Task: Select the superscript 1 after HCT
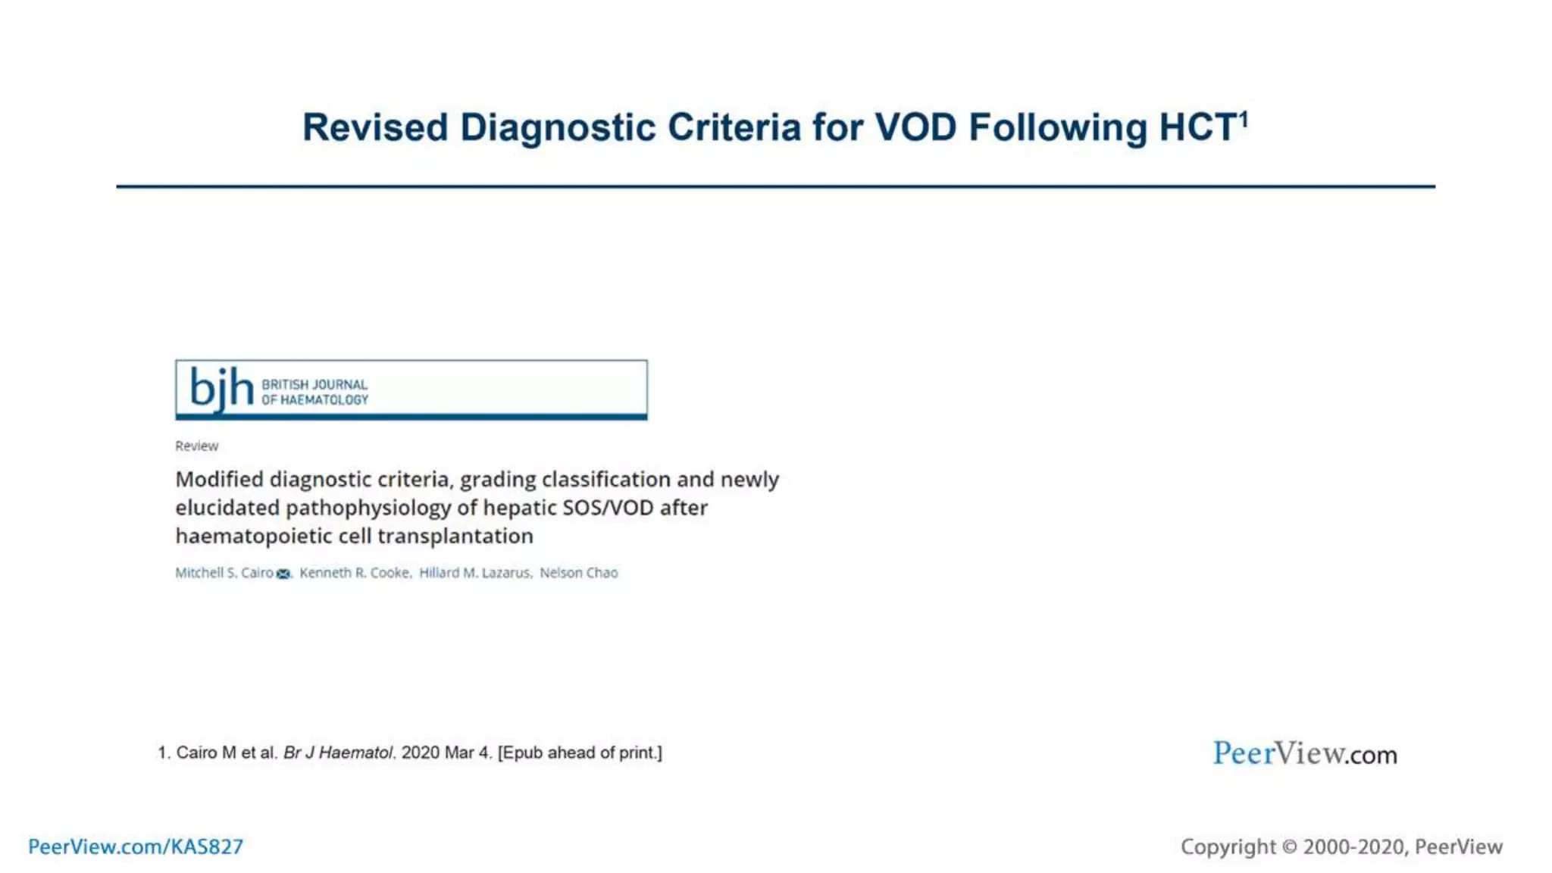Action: click(x=1244, y=119)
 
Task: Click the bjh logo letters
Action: click(x=221, y=389)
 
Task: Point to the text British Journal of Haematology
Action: click(x=314, y=392)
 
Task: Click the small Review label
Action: click(x=196, y=446)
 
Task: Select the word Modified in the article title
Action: click(x=219, y=480)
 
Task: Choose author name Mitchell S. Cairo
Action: click(x=224, y=573)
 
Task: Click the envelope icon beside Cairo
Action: click(x=283, y=574)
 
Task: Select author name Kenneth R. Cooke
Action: click(x=354, y=573)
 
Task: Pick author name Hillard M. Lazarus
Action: click(x=474, y=573)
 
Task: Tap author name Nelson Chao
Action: click(x=578, y=573)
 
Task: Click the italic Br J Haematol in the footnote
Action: click(x=338, y=753)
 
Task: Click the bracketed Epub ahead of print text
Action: click(x=580, y=753)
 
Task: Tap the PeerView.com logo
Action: click(x=1304, y=753)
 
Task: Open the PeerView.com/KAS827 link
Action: click(x=136, y=846)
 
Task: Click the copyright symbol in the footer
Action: click(x=1289, y=846)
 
